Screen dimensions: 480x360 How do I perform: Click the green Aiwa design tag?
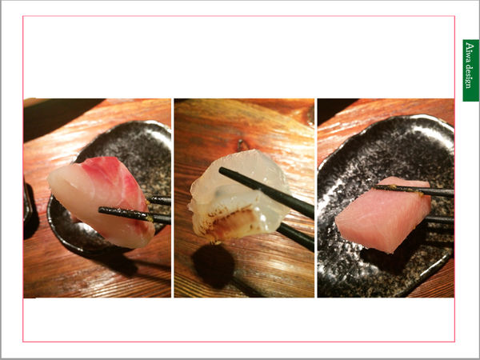click(x=470, y=70)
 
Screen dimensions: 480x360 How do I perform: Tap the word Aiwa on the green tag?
click(x=470, y=52)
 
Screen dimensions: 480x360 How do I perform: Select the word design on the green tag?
click(x=470, y=77)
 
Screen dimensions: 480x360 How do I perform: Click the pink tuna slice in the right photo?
click(x=383, y=214)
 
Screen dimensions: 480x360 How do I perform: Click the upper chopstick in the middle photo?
click(x=266, y=192)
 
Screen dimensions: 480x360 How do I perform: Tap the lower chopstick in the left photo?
click(x=134, y=214)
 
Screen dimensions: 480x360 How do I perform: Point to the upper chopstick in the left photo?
click(x=158, y=201)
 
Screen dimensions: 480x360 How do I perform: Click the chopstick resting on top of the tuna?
click(x=414, y=190)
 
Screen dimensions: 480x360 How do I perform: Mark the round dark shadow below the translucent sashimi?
click(x=214, y=266)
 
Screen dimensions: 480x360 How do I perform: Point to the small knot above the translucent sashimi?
click(x=241, y=145)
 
